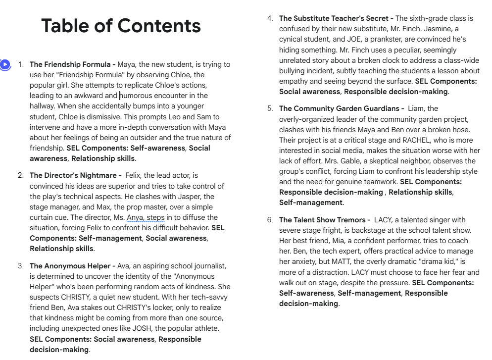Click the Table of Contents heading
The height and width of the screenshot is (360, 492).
click(x=121, y=26)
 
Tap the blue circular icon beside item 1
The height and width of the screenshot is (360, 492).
click(x=5, y=64)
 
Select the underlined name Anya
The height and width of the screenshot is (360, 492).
click(x=135, y=217)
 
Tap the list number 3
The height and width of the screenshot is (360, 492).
click(x=20, y=266)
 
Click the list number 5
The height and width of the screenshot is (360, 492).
click(x=270, y=108)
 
